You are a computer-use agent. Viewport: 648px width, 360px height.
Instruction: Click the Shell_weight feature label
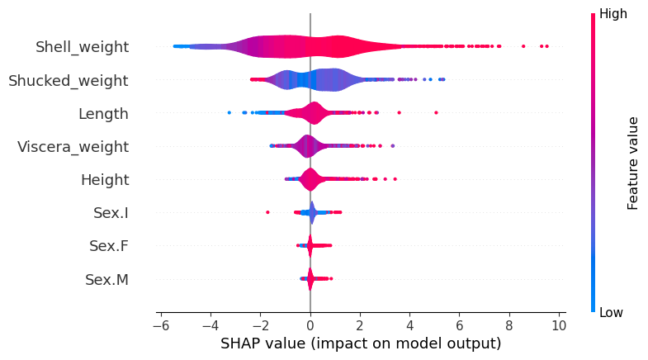point(82,47)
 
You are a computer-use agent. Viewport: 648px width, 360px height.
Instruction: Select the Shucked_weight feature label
point(68,80)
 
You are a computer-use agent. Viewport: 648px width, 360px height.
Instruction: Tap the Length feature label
point(103,113)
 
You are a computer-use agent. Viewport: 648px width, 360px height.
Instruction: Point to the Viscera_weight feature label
point(73,147)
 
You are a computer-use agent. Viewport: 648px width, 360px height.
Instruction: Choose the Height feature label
point(104,180)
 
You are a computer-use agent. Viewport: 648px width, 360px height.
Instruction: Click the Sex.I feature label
point(111,213)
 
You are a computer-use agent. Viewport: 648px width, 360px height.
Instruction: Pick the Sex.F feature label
point(108,246)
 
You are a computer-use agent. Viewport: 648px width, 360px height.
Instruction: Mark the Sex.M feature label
point(106,280)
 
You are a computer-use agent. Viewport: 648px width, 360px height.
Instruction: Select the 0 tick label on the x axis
point(310,324)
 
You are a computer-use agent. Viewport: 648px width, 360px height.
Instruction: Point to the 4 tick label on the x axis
point(410,324)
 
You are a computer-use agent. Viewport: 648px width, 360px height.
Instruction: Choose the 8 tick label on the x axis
point(509,324)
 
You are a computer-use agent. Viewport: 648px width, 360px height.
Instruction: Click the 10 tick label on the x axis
point(559,324)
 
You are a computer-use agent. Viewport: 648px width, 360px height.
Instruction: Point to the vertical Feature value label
point(633,163)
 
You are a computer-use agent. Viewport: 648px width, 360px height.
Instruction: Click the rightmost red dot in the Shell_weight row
point(546,46)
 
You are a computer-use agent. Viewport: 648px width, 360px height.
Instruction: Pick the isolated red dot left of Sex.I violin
point(267,212)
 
